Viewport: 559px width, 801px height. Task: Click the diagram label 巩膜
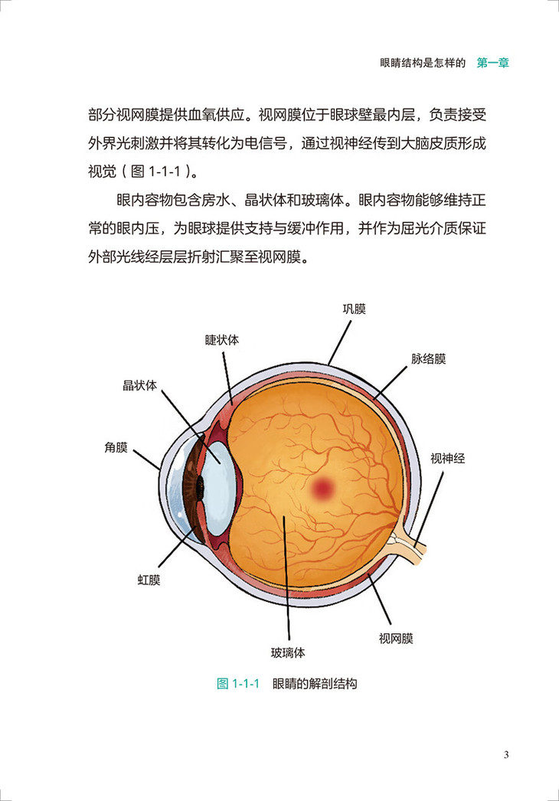[354, 310]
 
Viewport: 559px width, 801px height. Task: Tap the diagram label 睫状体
[221, 339]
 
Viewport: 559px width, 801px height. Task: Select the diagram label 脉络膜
[428, 358]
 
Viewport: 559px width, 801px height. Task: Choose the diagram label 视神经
[447, 459]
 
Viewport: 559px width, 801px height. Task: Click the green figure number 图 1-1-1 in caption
[240, 684]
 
